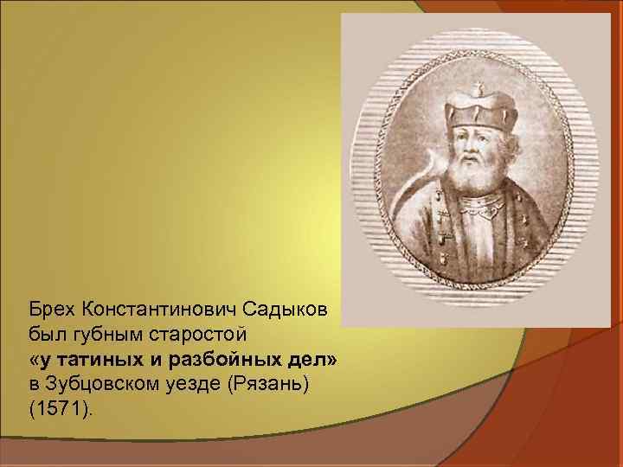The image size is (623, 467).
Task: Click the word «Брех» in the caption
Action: pyautogui.click(x=50, y=308)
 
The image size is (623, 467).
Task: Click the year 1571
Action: pyautogui.click(x=59, y=407)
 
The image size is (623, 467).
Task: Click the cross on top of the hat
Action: pyautogui.click(x=478, y=86)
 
